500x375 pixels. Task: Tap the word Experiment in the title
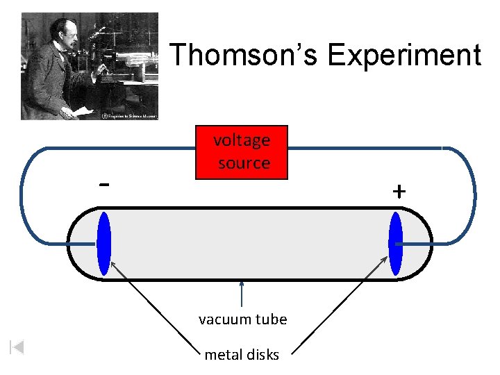tap(404, 55)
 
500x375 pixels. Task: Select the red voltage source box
tap(242, 152)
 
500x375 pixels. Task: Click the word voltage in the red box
tap(242, 140)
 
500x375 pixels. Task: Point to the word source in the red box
tap(244, 163)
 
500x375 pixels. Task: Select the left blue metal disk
tap(104, 244)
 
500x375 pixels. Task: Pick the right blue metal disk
tap(396, 244)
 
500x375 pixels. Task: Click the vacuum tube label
tap(242, 319)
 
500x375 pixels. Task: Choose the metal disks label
tap(242, 355)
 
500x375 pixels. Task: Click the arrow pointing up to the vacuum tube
tap(242, 293)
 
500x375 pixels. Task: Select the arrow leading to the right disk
tap(340, 306)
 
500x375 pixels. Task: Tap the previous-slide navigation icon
tap(17, 347)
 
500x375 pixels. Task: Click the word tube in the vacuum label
tap(270, 319)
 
